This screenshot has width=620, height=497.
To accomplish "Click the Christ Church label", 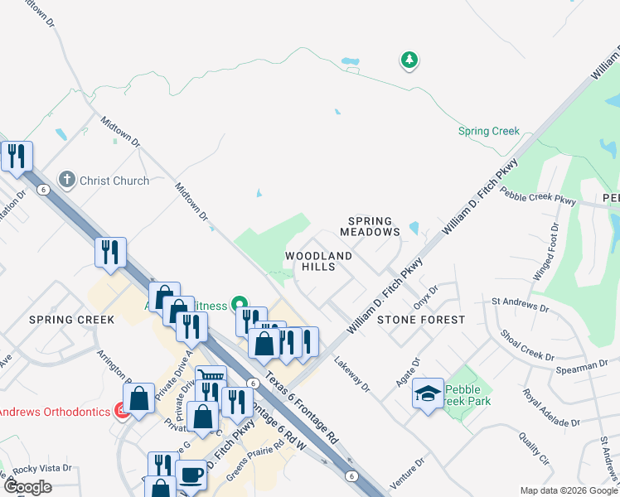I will pyautogui.click(x=114, y=181).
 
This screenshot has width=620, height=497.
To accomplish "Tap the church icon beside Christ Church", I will pyautogui.click(x=66, y=180).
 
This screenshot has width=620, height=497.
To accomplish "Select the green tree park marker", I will pyautogui.click(x=408, y=60).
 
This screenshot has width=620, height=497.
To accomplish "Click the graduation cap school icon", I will pyautogui.click(x=428, y=394).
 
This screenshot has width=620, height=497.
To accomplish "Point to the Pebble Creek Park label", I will pyautogui.click(x=467, y=395).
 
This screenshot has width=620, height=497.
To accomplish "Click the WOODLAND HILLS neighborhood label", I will pyautogui.click(x=318, y=257).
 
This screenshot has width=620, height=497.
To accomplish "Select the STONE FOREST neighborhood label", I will pyautogui.click(x=421, y=319).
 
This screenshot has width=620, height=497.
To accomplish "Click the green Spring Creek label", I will pyautogui.click(x=489, y=131).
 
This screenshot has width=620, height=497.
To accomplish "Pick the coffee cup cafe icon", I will pyautogui.click(x=191, y=475).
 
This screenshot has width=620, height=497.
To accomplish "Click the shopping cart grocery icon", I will pyautogui.click(x=211, y=380).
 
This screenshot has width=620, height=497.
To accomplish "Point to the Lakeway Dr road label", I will pyautogui.click(x=351, y=372).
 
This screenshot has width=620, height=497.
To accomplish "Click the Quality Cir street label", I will pyautogui.click(x=534, y=448).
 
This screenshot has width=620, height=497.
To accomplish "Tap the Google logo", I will pyautogui.click(x=27, y=487).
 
